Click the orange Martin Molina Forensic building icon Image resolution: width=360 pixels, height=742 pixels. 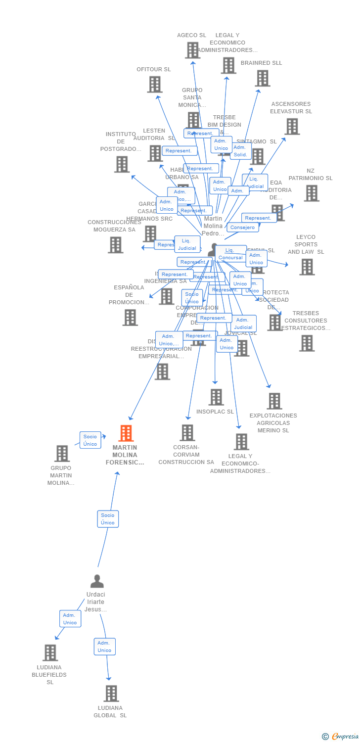tap(126, 433)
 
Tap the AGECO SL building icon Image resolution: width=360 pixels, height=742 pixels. tap(192, 50)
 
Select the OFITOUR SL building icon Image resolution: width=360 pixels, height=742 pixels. tap(155, 85)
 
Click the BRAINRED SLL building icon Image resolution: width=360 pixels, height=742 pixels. tap(263, 78)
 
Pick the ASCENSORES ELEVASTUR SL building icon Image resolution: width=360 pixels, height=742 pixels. tap(292, 127)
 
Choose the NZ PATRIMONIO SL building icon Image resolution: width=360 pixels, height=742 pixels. tap(312, 193)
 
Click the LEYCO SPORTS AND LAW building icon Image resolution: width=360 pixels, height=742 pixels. tap(307, 267)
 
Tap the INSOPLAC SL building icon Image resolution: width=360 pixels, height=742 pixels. tap(216, 397)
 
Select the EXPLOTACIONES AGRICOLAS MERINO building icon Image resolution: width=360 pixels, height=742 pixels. tap(274, 401)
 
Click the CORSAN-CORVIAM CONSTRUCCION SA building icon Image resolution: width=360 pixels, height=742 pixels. tap(187, 433)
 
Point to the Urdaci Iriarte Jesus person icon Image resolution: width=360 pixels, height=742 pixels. tap(97, 581)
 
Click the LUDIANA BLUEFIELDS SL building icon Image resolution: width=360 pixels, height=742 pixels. tap(50, 653)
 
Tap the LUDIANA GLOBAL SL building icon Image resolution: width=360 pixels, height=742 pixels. tap(111, 694)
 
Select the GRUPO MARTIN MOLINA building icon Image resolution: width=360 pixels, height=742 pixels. tap(62, 454)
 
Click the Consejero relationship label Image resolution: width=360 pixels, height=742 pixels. tap(243, 228)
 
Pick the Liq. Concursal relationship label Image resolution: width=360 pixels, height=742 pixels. tap(230, 254)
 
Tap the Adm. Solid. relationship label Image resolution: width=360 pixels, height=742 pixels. tap(240, 151)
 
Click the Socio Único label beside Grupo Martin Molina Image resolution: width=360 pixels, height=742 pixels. tap(90, 440)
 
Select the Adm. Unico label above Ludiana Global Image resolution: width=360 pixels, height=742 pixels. tap(104, 647)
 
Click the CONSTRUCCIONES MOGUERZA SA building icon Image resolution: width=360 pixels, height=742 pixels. tap(115, 245)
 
